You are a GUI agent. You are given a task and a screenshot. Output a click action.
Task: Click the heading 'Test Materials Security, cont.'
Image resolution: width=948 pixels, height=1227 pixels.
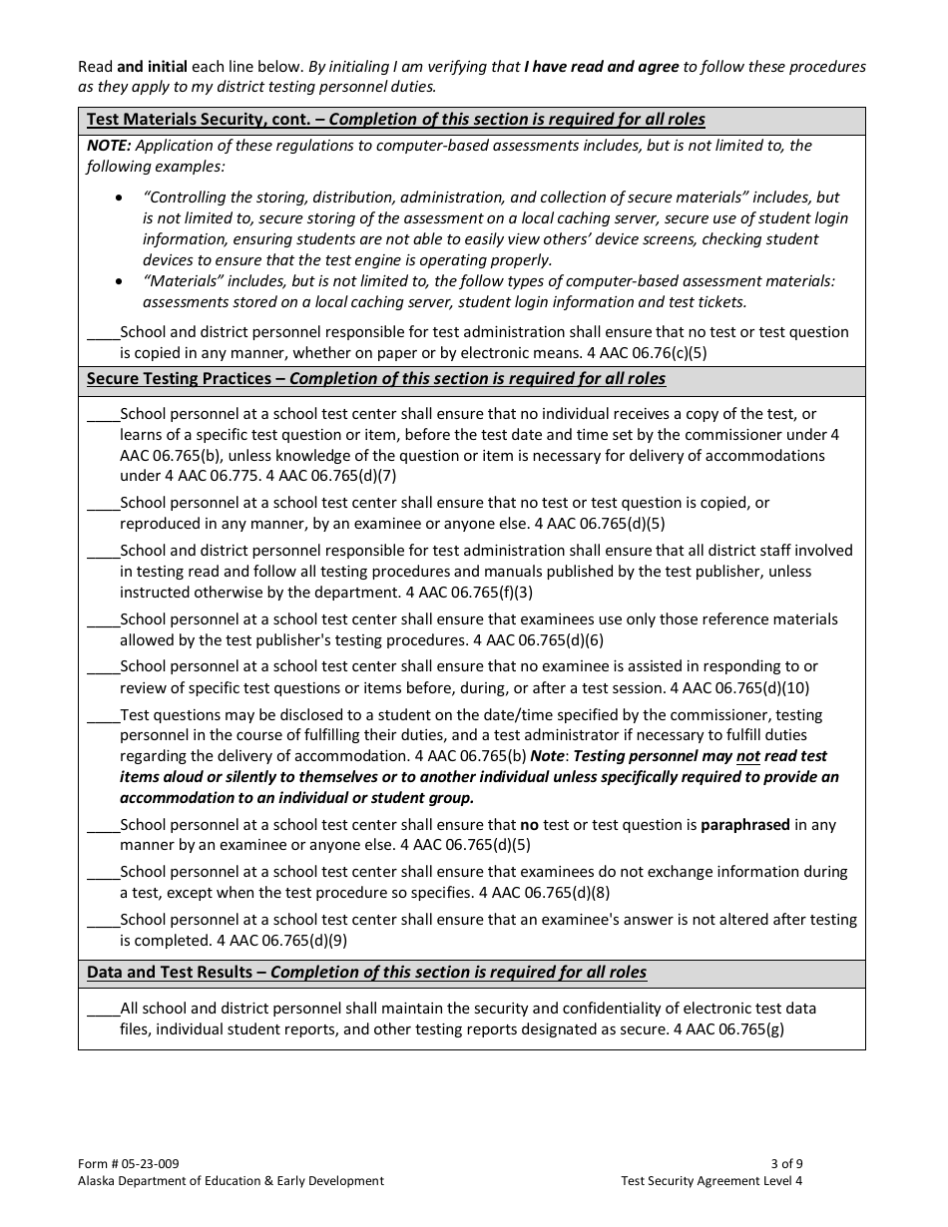point(204,120)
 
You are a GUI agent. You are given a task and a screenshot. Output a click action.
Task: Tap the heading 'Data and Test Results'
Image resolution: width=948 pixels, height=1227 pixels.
point(175,972)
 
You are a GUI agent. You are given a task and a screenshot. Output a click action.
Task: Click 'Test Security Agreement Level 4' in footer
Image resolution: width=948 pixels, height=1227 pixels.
point(711,1181)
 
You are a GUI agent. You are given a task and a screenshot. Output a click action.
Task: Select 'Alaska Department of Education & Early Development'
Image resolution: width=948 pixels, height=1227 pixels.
point(231,1181)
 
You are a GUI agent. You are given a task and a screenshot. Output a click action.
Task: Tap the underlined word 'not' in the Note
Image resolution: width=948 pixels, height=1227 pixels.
point(747,756)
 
